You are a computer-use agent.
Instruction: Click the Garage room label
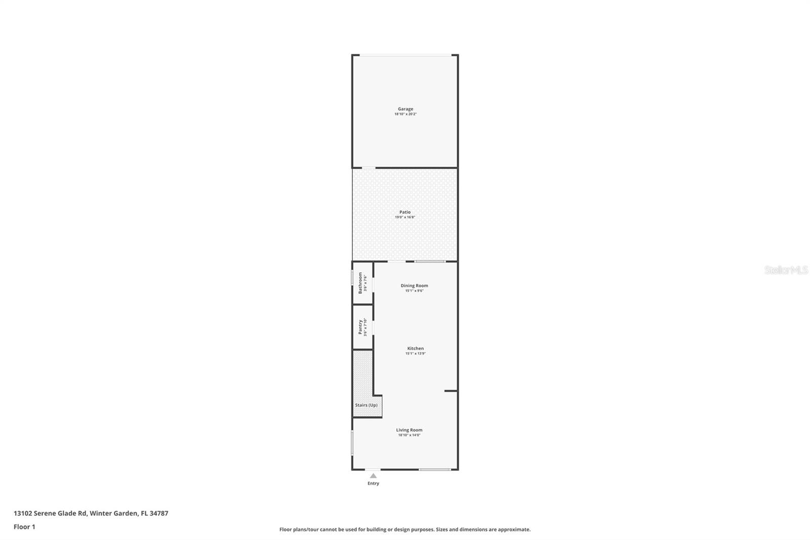pos(405,109)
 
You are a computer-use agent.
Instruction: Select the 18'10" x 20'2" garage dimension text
pos(405,114)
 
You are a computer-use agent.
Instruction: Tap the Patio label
pos(405,212)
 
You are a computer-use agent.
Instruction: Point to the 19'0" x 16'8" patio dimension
pos(405,217)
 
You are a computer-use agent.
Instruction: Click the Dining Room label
pos(414,286)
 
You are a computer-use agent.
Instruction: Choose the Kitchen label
pos(415,349)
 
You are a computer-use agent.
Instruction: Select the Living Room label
pos(409,430)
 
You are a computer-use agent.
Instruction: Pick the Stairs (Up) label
pos(366,405)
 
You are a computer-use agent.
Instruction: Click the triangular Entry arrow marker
pos(373,476)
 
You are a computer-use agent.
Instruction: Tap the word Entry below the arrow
pos(373,483)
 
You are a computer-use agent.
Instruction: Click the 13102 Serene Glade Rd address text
pos(91,513)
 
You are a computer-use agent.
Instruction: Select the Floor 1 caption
pos(24,527)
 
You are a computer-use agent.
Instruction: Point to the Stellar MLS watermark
pos(786,271)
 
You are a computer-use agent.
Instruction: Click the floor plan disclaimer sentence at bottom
pos(405,529)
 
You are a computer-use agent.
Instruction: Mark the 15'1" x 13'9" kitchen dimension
pos(415,354)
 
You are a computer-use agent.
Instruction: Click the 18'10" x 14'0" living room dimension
pos(409,435)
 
